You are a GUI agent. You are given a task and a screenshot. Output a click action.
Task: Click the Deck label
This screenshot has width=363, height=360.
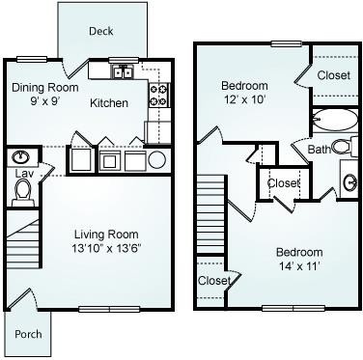(x=101, y=31)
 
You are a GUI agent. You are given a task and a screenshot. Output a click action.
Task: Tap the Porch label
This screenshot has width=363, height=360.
(x=28, y=334)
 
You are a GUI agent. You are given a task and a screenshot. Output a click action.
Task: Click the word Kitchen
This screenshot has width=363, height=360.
(x=109, y=103)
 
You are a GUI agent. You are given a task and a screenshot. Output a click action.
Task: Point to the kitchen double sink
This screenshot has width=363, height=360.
(x=123, y=71)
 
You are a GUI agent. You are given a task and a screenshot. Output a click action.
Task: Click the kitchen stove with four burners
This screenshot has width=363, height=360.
(x=159, y=95)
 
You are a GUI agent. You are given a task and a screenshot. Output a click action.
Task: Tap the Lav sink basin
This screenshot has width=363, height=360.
(x=21, y=157)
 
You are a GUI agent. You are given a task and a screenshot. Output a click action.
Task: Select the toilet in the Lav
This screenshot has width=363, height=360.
(x=22, y=193)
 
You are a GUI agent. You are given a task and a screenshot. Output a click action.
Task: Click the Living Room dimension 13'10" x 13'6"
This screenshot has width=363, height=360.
(x=107, y=248)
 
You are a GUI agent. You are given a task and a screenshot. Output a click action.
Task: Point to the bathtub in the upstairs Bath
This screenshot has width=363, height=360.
(x=335, y=119)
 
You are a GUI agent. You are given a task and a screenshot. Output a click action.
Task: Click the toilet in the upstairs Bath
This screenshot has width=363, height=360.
(x=345, y=147)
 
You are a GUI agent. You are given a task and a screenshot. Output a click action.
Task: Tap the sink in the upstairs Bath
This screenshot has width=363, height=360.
(x=350, y=182)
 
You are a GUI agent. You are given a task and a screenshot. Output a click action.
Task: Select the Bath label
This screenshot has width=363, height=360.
(x=319, y=150)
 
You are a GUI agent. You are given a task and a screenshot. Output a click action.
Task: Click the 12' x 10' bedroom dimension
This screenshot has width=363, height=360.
(x=245, y=99)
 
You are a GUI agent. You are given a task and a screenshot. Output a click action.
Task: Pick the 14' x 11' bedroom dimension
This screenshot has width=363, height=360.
(x=299, y=266)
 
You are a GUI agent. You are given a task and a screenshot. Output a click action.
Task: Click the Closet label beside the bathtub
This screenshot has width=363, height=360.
(x=334, y=75)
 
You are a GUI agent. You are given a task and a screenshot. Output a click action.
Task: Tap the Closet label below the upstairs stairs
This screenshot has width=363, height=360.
(x=214, y=281)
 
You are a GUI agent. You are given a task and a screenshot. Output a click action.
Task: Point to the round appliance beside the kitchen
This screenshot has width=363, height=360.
(x=157, y=159)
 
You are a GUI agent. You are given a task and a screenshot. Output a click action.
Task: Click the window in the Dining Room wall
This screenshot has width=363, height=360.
(x=32, y=59)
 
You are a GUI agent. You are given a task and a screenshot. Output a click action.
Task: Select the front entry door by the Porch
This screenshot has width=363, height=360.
(x=19, y=298)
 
